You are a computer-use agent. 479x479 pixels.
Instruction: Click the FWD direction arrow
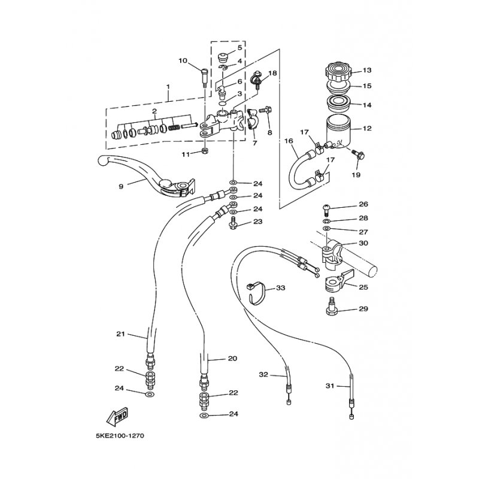coord(117,417)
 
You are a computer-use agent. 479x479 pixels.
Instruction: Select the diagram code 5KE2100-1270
coord(120,436)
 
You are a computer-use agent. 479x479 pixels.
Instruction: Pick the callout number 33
coord(280,288)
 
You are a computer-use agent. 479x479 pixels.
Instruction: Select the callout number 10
coord(183,61)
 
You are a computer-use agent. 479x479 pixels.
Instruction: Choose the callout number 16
coord(289,141)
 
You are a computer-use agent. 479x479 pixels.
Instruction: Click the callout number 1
coord(168,87)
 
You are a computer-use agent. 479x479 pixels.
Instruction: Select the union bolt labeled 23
coord(233,223)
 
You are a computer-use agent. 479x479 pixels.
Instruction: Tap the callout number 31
coord(330,386)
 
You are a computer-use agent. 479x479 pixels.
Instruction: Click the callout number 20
coord(233,358)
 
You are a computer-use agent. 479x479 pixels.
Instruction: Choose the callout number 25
coord(363,287)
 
